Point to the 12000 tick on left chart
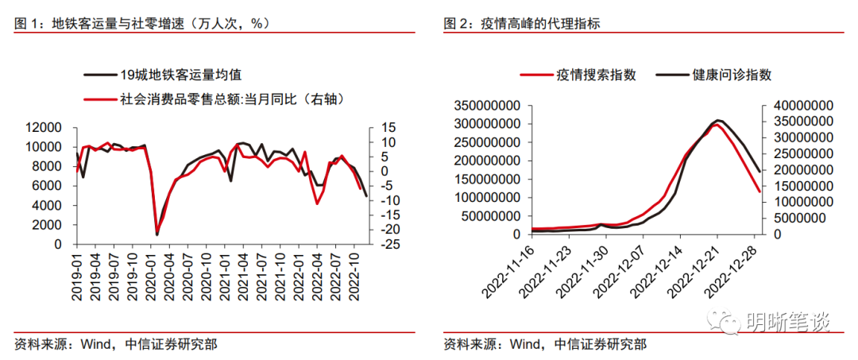point(45,127)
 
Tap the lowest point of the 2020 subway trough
point(157,234)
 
